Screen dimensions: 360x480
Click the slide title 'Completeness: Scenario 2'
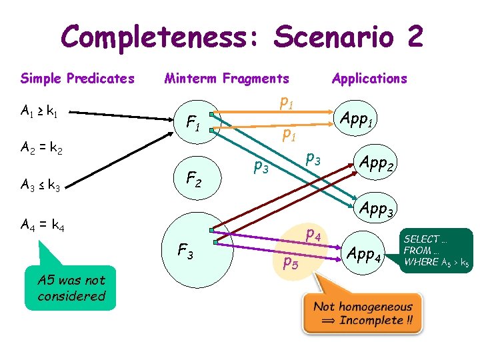(x=241, y=37)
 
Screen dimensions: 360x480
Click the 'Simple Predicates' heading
(x=77, y=79)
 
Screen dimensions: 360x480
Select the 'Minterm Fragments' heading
(x=227, y=79)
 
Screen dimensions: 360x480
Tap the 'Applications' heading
(x=369, y=79)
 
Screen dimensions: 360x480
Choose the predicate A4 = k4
(x=42, y=227)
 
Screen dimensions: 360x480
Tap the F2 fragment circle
(x=193, y=179)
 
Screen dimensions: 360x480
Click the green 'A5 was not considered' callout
(x=71, y=289)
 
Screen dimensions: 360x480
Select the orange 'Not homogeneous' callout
(x=363, y=313)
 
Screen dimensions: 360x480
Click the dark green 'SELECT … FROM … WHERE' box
(x=437, y=250)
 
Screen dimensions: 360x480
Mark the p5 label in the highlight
(x=291, y=262)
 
